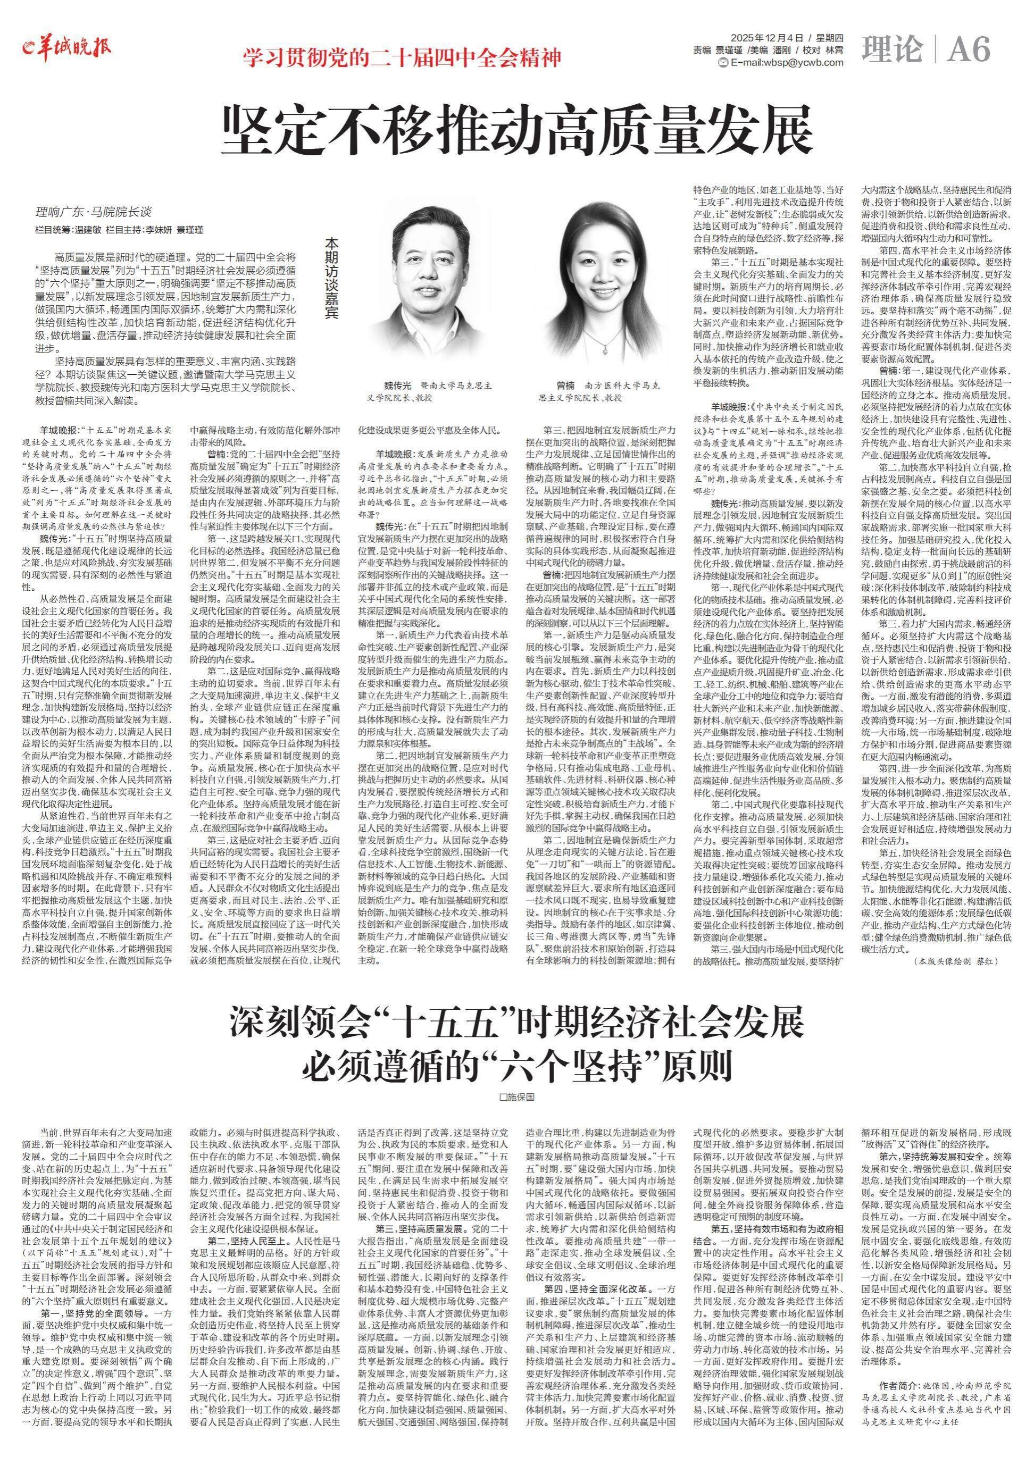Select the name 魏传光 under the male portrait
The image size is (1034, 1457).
[x=398, y=386]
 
